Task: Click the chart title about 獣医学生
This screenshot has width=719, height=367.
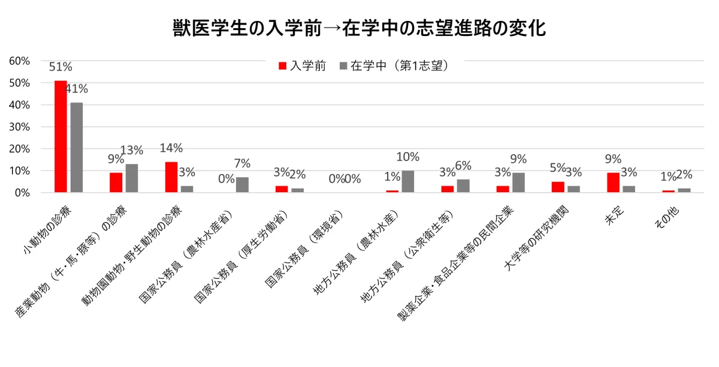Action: click(359, 28)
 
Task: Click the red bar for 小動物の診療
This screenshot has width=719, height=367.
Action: click(61, 137)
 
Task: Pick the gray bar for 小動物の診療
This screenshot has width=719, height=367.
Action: click(77, 147)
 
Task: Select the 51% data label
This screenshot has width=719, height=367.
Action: click(61, 67)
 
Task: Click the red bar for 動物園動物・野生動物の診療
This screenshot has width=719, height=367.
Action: click(171, 177)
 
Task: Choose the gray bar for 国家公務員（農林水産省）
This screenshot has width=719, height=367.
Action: click(242, 185)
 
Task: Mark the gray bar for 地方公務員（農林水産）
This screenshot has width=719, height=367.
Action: click(407, 181)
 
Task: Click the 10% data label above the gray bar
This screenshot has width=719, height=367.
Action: click(407, 157)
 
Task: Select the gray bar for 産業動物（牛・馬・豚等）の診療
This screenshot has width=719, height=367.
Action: click(132, 178)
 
